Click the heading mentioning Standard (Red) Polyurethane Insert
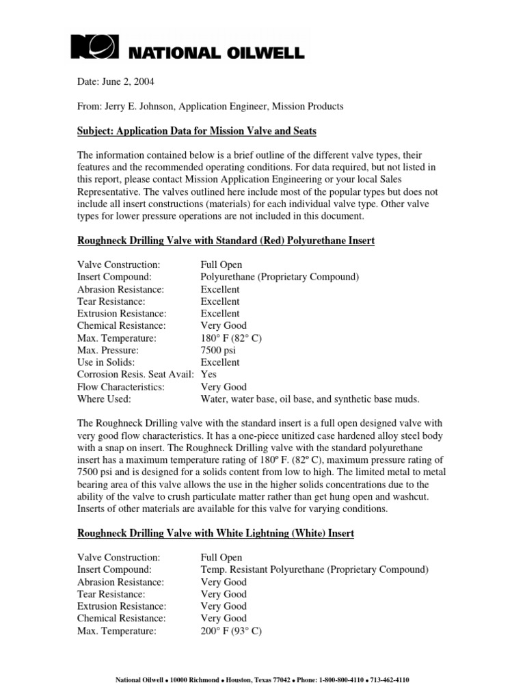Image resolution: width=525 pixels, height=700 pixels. pyautogui.click(x=226, y=241)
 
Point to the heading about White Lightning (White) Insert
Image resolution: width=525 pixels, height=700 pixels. pyautogui.click(x=215, y=533)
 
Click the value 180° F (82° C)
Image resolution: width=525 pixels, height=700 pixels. pyautogui.click(x=232, y=338)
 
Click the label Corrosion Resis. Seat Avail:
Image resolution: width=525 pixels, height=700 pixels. pyautogui.click(x=136, y=375)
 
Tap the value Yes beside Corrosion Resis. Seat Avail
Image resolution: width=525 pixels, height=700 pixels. pyautogui.click(x=208, y=375)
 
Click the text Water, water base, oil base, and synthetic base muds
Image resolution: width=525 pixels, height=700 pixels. pyautogui.click(x=310, y=399)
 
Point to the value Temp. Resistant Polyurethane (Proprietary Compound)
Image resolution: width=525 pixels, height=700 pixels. pyautogui.click(x=314, y=569)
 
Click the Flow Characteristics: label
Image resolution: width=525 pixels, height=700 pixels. pyautogui.click(x=121, y=387)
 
